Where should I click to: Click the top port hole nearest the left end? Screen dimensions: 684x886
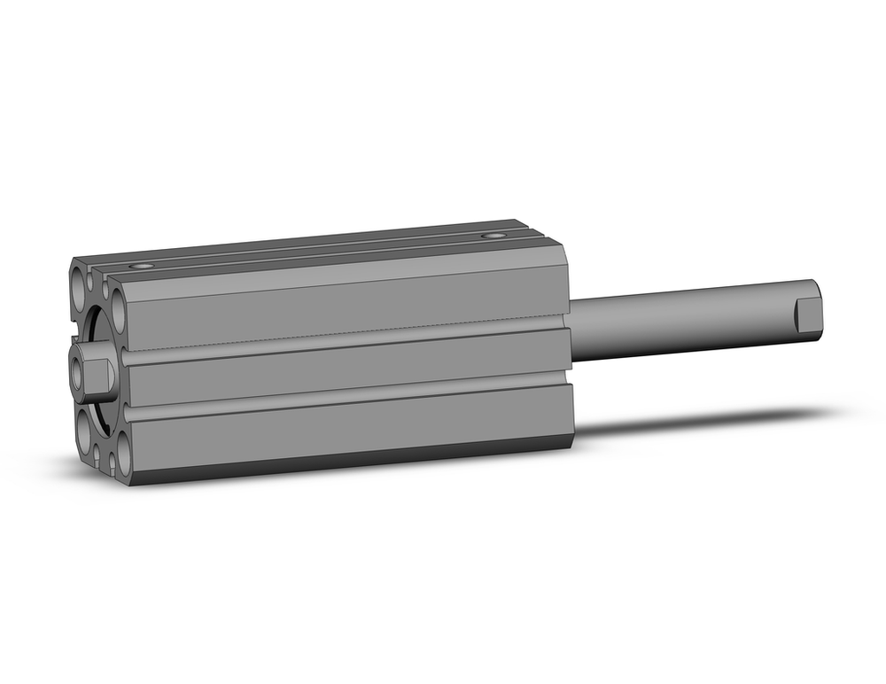[141, 265]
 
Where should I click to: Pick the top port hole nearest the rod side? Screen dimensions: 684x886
[493, 236]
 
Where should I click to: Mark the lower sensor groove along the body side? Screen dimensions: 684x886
[346, 397]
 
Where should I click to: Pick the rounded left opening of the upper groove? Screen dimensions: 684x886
[127, 360]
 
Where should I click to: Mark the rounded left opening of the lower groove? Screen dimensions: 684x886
[128, 415]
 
